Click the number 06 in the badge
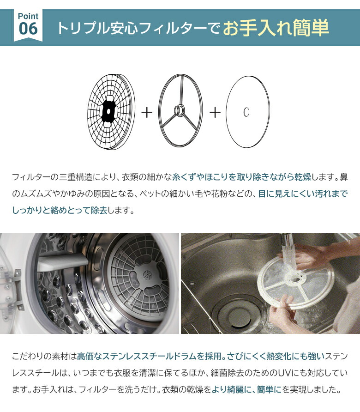[x=28, y=29]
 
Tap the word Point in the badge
[x=28, y=16]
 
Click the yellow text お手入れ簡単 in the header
[x=276, y=28]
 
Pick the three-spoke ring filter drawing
[x=180, y=111]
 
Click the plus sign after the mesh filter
[x=146, y=112]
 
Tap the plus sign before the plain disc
[x=215, y=112]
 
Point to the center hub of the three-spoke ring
[x=179, y=111]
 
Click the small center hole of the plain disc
[x=246, y=112]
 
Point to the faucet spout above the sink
[x=288, y=240]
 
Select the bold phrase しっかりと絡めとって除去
[x=60, y=210]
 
